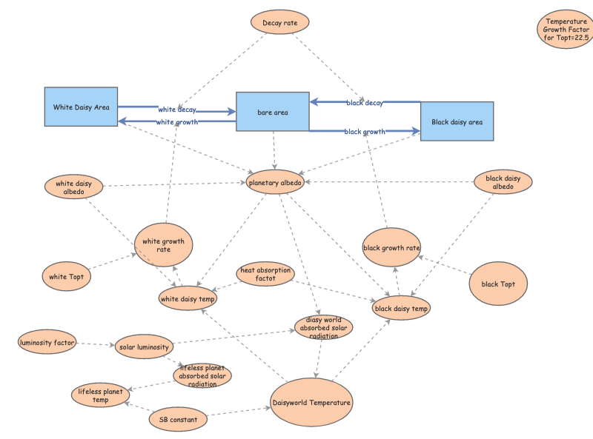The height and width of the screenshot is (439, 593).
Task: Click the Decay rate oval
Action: (x=279, y=22)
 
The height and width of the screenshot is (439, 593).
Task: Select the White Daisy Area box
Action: (x=81, y=107)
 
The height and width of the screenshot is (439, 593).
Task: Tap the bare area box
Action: (x=272, y=112)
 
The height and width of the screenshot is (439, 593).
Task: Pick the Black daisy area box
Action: (x=457, y=121)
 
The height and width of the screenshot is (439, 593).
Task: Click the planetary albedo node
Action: (x=275, y=182)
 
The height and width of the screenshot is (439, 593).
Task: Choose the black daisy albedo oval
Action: (x=503, y=183)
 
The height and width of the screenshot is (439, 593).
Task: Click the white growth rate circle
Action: (x=163, y=244)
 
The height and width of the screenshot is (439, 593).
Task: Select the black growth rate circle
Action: (x=391, y=247)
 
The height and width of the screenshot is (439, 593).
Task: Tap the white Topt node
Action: (x=67, y=277)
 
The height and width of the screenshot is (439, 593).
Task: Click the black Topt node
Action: (x=498, y=284)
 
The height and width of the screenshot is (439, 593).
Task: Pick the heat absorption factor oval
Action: (x=265, y=274)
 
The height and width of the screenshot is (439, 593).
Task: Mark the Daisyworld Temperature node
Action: (x=311, y=402)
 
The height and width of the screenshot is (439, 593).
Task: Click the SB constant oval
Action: (x=178, y=420)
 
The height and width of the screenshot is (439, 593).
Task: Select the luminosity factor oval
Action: (x=47, y=342)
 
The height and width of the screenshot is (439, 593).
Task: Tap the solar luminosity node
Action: (x=145, y=346)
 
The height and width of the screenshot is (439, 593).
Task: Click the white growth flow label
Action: (x=177, y=121)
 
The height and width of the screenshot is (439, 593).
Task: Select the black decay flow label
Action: (x=364, y=103)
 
